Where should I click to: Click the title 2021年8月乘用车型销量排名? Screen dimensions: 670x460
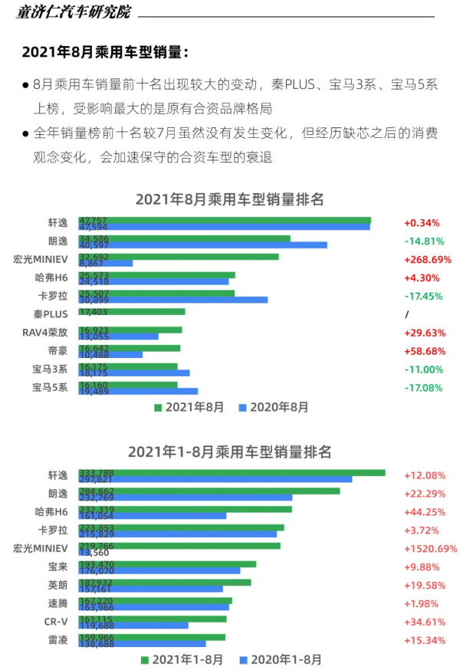230,199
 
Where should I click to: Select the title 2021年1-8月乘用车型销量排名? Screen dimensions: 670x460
230,452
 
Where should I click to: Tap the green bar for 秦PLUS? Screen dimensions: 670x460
132,312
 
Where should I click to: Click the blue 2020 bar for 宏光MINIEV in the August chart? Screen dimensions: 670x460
106,263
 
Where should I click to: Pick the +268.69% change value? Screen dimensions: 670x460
427,260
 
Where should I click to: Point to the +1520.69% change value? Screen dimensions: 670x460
430,549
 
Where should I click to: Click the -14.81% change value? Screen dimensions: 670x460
423,241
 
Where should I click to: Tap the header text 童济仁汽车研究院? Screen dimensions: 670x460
74,14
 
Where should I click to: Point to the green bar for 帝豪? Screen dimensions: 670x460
130,348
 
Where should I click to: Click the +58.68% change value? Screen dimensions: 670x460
423,351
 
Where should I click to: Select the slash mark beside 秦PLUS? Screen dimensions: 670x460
407,314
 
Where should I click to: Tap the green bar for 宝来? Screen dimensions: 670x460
167,564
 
